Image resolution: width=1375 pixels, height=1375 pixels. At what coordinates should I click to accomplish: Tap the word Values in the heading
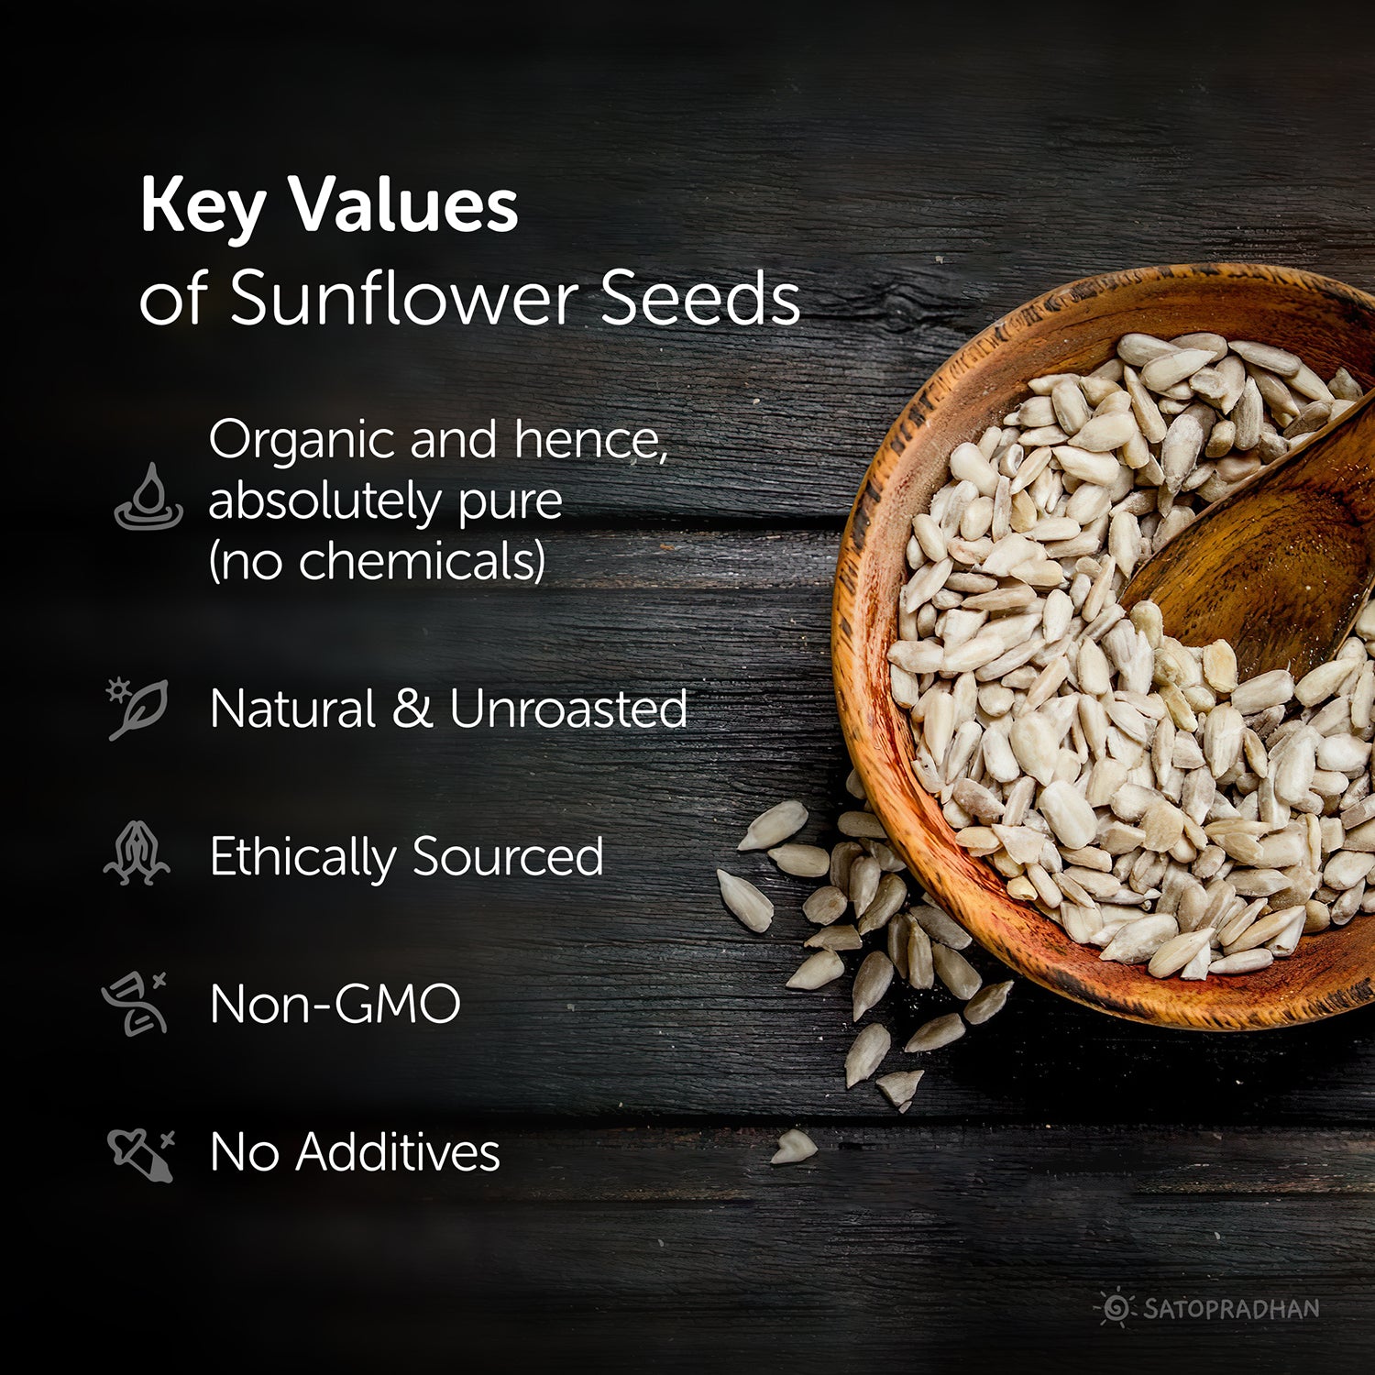pyautogui.click(x=404, y=204)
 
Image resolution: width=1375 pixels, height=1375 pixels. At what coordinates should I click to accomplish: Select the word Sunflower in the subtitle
pyautogui.click(x=403, y=298)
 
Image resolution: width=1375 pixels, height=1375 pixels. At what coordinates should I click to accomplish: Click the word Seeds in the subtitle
pyautogui.click(x=700, y=298)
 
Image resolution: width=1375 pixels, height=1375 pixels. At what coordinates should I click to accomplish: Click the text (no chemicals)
pyautogui.click(x=377, y=560)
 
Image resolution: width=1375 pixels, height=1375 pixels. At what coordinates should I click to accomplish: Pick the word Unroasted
pyautogui.click(x=568, y=709)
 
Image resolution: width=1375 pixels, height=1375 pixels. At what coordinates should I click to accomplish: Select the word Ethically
pyautogui.click(x=302, y=858)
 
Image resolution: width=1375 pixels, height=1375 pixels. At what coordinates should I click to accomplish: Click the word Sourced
pyautogui.click(x=508, y=856)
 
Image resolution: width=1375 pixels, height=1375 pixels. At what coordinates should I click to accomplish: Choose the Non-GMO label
pyautogui.click(x=335, y=1004)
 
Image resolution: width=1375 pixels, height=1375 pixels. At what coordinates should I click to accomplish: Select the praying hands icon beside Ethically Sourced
pyautogui.click(x=137, y=853)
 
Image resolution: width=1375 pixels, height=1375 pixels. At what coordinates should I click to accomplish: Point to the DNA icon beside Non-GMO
pyautogui.click(x=136, y=1003)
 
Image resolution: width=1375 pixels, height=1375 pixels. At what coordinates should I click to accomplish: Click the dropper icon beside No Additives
pyautogui.click(x=140, y=1153)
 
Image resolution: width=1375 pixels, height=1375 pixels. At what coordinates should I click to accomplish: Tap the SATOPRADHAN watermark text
pyautogui.click(x=1230, y=1308)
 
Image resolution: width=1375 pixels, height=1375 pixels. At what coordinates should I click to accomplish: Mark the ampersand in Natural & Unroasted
pyautogui.click(x=412, y=709)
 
